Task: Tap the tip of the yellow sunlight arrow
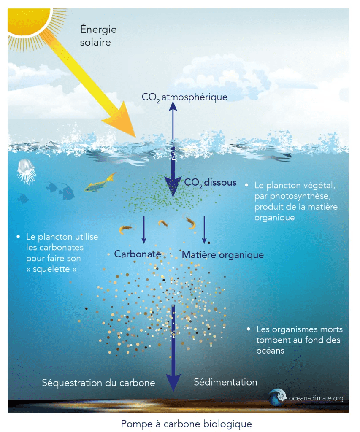(135, 137)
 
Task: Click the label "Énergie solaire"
(98, 35)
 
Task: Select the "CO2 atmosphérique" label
(184, 97)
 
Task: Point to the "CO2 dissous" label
(210, 183)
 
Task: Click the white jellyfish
(26, 172)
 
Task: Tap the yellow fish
(100, 183)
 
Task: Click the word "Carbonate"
(138, 254)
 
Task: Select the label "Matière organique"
(223, 255)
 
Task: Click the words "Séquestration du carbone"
(98, 383)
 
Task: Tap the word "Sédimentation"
(225, 382)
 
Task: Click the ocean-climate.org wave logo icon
(277, 397)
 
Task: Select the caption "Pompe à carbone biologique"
(187, 424)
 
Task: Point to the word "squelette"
(51, 269)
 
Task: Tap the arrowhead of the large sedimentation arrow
(173, 383)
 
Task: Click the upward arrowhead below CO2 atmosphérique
(173, 105)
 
